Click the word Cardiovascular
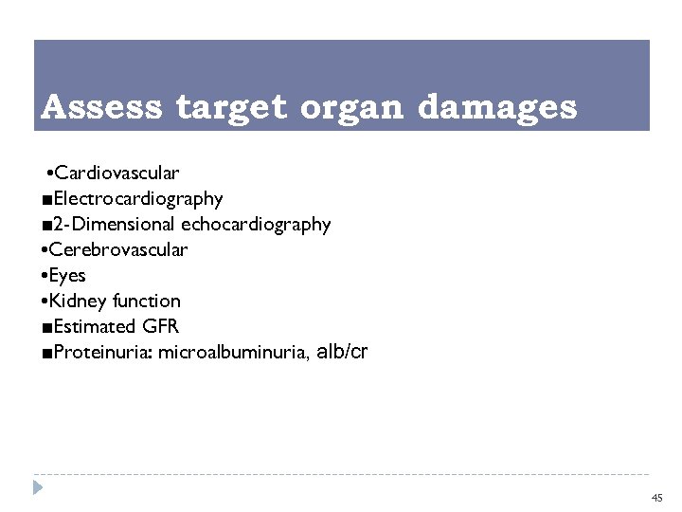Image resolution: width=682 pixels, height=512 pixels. pyautogui.click(x=117, y=174)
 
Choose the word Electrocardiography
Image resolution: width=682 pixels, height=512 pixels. pyautogui.click(x=138, y=199)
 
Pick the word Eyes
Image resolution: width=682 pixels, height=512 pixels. pyautogui.click(x=68, y=276)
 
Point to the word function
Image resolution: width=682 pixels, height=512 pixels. pyautogui.click(x=146, y=302)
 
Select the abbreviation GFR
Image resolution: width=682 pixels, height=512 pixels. pyautogui.click(x=160, y=327)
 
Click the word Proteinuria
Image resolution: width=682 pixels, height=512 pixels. pyautogui.click(x=102, y=353)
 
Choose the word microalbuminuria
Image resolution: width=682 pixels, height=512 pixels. pyautogui.click(x=232, y=353)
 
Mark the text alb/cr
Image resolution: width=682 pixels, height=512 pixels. pyautogui.click(x=342, y=352)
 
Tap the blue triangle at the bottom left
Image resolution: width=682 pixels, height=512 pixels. pyautogui.click(x=37, y=488)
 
